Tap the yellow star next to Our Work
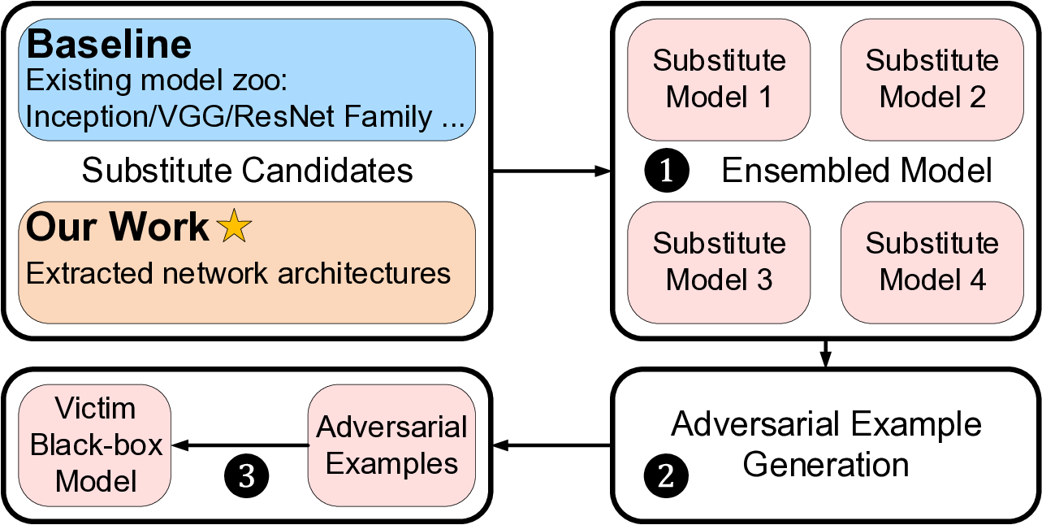(x=235, y=226)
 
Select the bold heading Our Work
(x=117, y=227)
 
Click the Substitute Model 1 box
(x=719, y=79)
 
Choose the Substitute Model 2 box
(x=932, y=79)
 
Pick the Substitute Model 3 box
(x=719, y=262)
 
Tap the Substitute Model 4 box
(x=932, y=262)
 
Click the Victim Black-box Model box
(x=95, y=445)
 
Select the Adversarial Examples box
(x=391, y=445)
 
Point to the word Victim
(x=95, y=408)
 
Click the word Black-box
(x=97, y=445)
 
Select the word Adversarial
(x=391, y=427)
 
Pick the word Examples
(x=391, y=463)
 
